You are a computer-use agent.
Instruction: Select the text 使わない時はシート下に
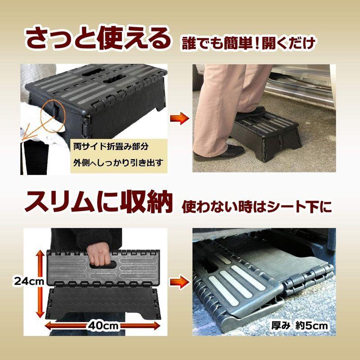coord(256,207)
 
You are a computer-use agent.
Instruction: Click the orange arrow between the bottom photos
coord(178,283)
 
